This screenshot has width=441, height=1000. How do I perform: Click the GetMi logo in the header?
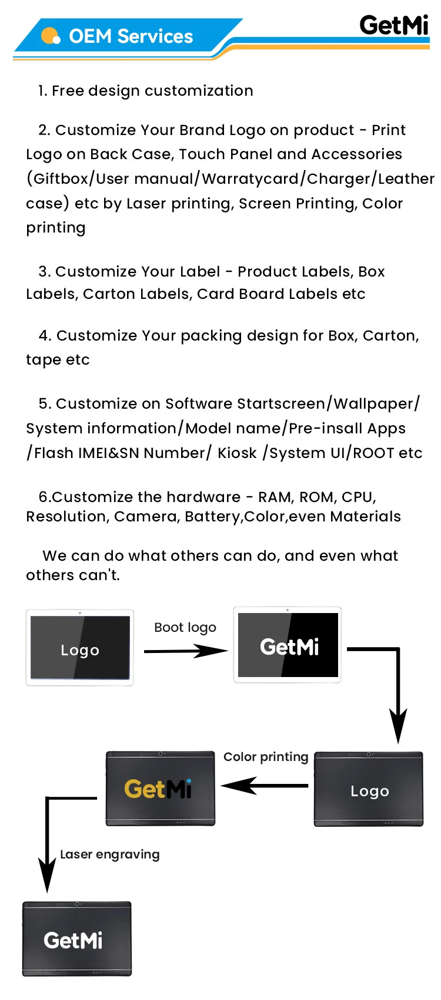click(x=394, y=25)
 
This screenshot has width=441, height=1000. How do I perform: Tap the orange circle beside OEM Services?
click(x=51, y=36)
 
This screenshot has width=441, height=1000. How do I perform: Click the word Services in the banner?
click(x=155, y=36)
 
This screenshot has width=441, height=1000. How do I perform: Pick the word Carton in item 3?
click(x=111, y=294)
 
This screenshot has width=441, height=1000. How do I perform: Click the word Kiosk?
click(x=237, y=453)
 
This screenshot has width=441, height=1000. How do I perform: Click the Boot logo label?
click(x=185, y=628)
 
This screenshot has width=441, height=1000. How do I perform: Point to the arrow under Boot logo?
click(x=185, y=651)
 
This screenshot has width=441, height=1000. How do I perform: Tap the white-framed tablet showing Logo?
click(x=80, y=648)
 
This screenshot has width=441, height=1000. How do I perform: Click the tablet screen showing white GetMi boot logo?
click(x=288, y=645)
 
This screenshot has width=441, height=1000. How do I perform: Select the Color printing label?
click(x=266, y=757)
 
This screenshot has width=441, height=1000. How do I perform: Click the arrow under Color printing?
click(x=265, y=785)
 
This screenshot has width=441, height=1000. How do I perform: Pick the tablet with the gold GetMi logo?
click(x=160, y=789)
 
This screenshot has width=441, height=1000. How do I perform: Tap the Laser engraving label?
click(x=110, y=854)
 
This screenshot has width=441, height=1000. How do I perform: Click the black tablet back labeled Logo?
click(x=369, y=789)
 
